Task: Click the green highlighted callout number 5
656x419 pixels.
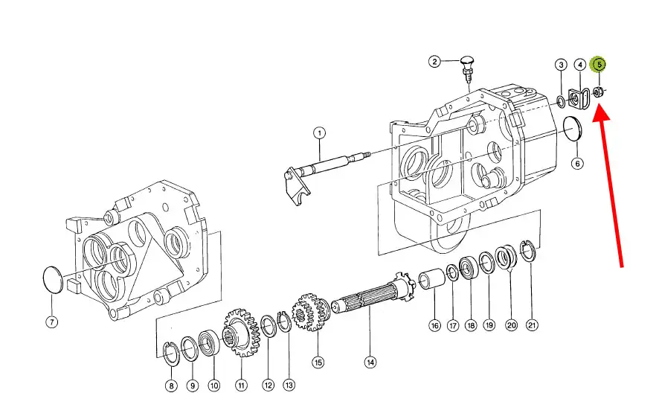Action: click(x=598, y=65)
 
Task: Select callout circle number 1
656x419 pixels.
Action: click(x=319, y=133)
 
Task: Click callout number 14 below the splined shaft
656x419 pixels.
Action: click(x=370, y=362)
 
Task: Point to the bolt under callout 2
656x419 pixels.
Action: click(x=466, y=70)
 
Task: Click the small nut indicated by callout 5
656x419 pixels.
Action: click(x=598, y=92)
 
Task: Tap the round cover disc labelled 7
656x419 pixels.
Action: click(x=53, y=280)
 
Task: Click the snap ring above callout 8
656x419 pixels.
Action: click(x=171, y=354)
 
